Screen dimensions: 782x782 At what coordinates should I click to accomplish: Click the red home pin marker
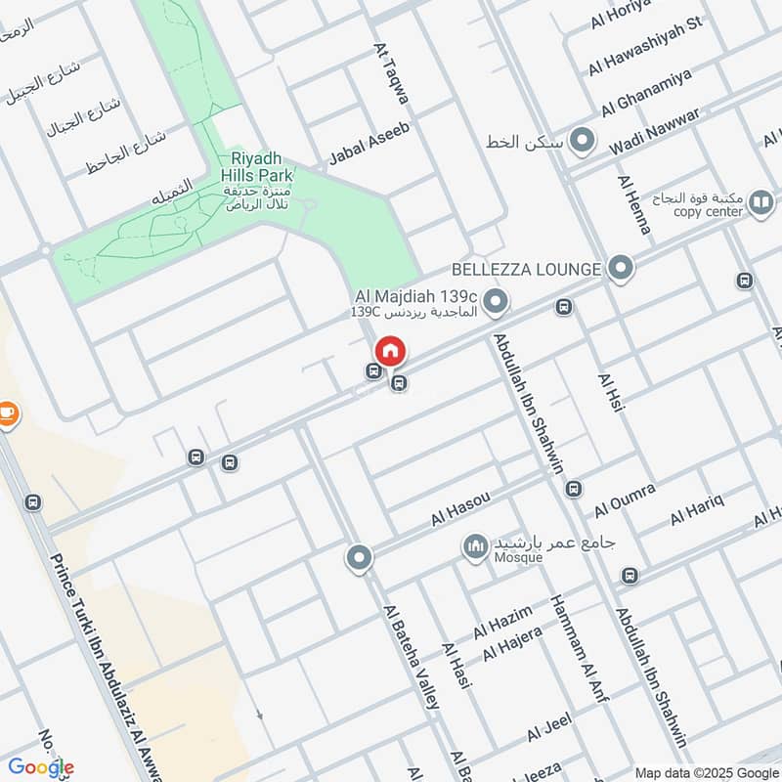click(390, 351)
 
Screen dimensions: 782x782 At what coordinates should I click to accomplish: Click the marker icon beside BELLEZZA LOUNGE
click(620, 267)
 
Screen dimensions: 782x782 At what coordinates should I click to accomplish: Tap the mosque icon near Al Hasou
click(476, 545)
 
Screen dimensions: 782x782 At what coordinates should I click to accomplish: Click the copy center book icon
click(761, 203)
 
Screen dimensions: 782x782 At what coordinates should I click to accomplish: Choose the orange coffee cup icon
click(8, 414)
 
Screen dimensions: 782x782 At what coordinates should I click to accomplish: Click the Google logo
click(40, 766)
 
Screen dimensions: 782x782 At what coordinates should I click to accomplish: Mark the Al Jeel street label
click(547, 729)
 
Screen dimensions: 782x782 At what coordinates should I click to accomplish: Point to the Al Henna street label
click(634, 204)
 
